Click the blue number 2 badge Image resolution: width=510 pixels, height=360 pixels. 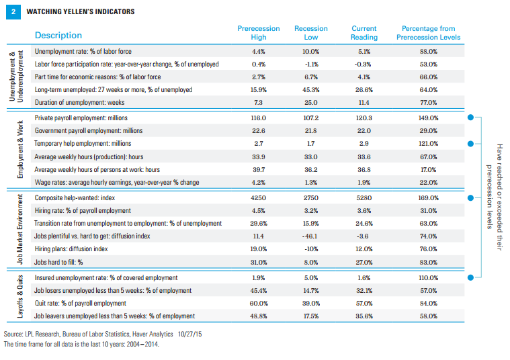(13, 11)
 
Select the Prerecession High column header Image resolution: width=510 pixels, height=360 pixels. (259, 33)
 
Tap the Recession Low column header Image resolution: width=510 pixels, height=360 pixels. (311, 33)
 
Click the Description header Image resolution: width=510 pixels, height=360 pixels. (58, 35)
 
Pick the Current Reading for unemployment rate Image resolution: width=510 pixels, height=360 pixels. (364, 52)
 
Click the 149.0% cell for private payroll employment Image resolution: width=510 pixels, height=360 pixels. (429, 118)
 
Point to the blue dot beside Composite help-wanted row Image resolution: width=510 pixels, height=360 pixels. (470, 197)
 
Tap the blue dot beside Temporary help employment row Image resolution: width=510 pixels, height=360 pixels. (470, 144)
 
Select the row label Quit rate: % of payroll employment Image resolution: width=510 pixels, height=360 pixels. (81, 304)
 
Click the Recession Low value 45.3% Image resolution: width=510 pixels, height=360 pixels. (311, 90)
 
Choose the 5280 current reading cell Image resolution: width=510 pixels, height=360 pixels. (364, 197)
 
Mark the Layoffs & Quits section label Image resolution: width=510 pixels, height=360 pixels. (20, 296)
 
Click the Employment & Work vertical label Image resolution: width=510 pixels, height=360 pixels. (20, 149)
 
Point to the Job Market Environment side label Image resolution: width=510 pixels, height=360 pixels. (20, 230)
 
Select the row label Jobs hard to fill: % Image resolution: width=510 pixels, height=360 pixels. (58, 262)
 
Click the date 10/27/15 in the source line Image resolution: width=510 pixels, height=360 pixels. (189, 334)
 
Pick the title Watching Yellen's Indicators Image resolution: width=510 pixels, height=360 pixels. (81, 11)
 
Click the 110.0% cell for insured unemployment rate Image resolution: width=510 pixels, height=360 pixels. (429, 277)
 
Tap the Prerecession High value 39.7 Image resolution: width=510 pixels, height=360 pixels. (259, 170)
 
